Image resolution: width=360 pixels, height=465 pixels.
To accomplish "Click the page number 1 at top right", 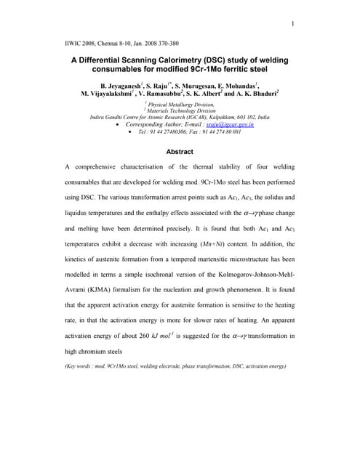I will (x=292, y=25).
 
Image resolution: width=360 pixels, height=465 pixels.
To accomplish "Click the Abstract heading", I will (x=180, y=151).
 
